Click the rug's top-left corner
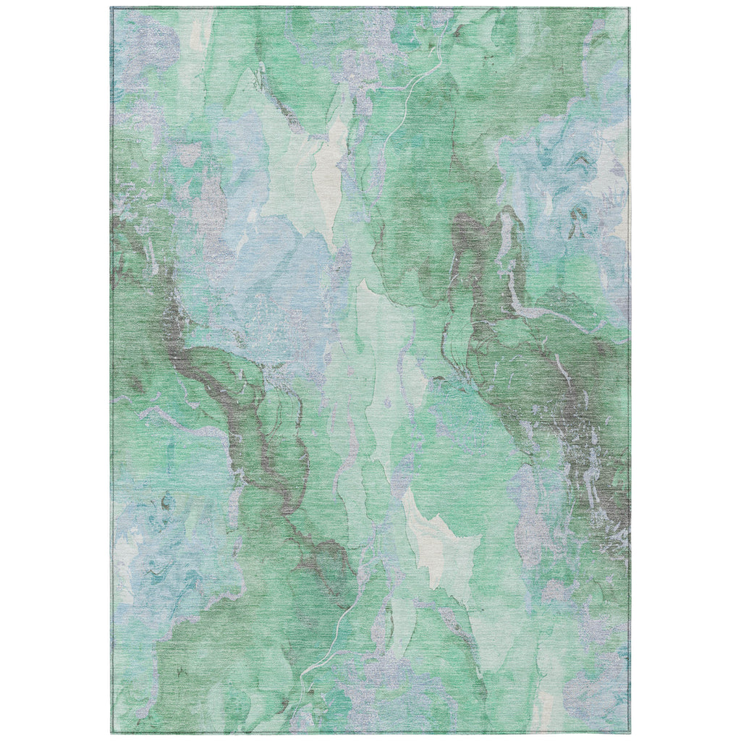click(111, 9)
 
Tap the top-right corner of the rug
click(628, 9)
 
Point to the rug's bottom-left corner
click(111, 732)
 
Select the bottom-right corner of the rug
click(628, 732)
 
